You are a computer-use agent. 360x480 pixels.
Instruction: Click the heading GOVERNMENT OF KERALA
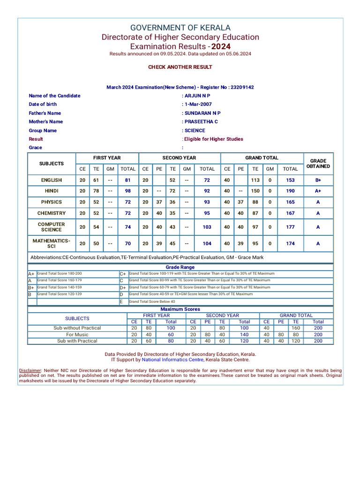(x=180, y=28)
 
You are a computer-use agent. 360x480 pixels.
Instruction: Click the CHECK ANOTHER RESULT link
(x=180, y=67)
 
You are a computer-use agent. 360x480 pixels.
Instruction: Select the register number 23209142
(x=242, y=87)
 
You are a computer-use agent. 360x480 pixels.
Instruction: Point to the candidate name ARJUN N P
(x=197, y=96)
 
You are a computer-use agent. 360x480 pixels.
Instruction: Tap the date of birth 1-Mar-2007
(x=198, y=104)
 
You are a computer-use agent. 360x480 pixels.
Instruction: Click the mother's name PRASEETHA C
(x=201, y=121)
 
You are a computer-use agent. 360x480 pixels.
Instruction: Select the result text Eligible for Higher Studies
(x=214, y=139)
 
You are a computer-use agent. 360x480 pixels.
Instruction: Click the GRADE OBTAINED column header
(x=318, y=164)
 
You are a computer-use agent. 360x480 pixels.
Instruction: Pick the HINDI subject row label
(x=51, y=191)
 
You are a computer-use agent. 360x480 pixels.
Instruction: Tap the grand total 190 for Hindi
(x=290, y=191)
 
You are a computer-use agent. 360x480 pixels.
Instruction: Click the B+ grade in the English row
(x=318, y=180)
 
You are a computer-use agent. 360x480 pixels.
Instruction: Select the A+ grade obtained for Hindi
(x=318, y=191)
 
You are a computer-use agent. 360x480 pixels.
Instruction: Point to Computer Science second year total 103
(x=207, y=227)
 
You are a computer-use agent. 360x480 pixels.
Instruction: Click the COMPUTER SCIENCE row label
(x=51, y=227)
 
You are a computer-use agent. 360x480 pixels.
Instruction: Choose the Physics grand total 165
(x=290, y=202)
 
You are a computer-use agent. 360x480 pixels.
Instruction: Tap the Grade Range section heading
(x=180, y=267)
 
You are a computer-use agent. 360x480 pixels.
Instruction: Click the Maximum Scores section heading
(x=180, y=309)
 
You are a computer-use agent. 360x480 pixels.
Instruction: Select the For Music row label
(x=77, y=335)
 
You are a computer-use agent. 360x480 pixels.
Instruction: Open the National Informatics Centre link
(x=172, y=360)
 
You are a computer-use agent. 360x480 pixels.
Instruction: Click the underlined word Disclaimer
(x=30, y=370)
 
